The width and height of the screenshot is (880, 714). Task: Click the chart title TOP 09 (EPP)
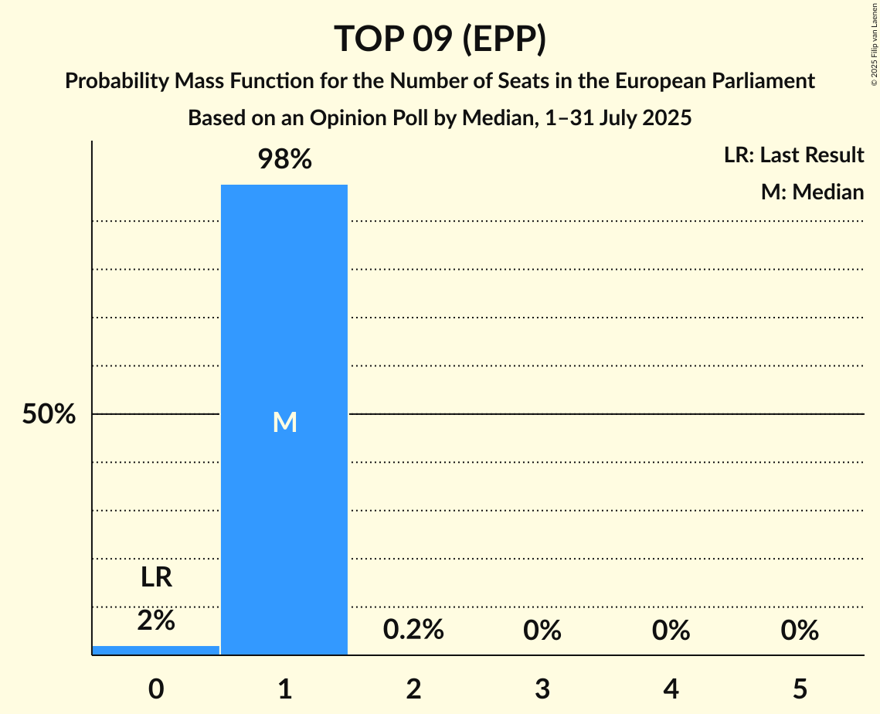440,39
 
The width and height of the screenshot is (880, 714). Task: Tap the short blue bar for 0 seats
156,650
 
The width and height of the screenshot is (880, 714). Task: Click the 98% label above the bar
284,160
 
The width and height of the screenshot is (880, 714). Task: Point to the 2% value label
156,620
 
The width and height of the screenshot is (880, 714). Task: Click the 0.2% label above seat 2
413,631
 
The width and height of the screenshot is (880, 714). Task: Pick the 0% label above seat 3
542,631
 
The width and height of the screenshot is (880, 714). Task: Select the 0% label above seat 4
671,631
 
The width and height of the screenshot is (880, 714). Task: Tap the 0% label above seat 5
799,631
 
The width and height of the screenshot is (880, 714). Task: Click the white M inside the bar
284,422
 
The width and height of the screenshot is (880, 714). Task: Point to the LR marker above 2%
156,577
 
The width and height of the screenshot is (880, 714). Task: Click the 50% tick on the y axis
49,415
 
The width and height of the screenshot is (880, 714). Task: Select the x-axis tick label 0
156,688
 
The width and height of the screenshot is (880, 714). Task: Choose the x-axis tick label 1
284,688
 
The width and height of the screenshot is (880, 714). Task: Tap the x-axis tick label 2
413,688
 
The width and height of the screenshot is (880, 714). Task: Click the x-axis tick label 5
799,688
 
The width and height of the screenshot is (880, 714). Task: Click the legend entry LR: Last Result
793,155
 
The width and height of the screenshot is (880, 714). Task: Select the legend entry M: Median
812,192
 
